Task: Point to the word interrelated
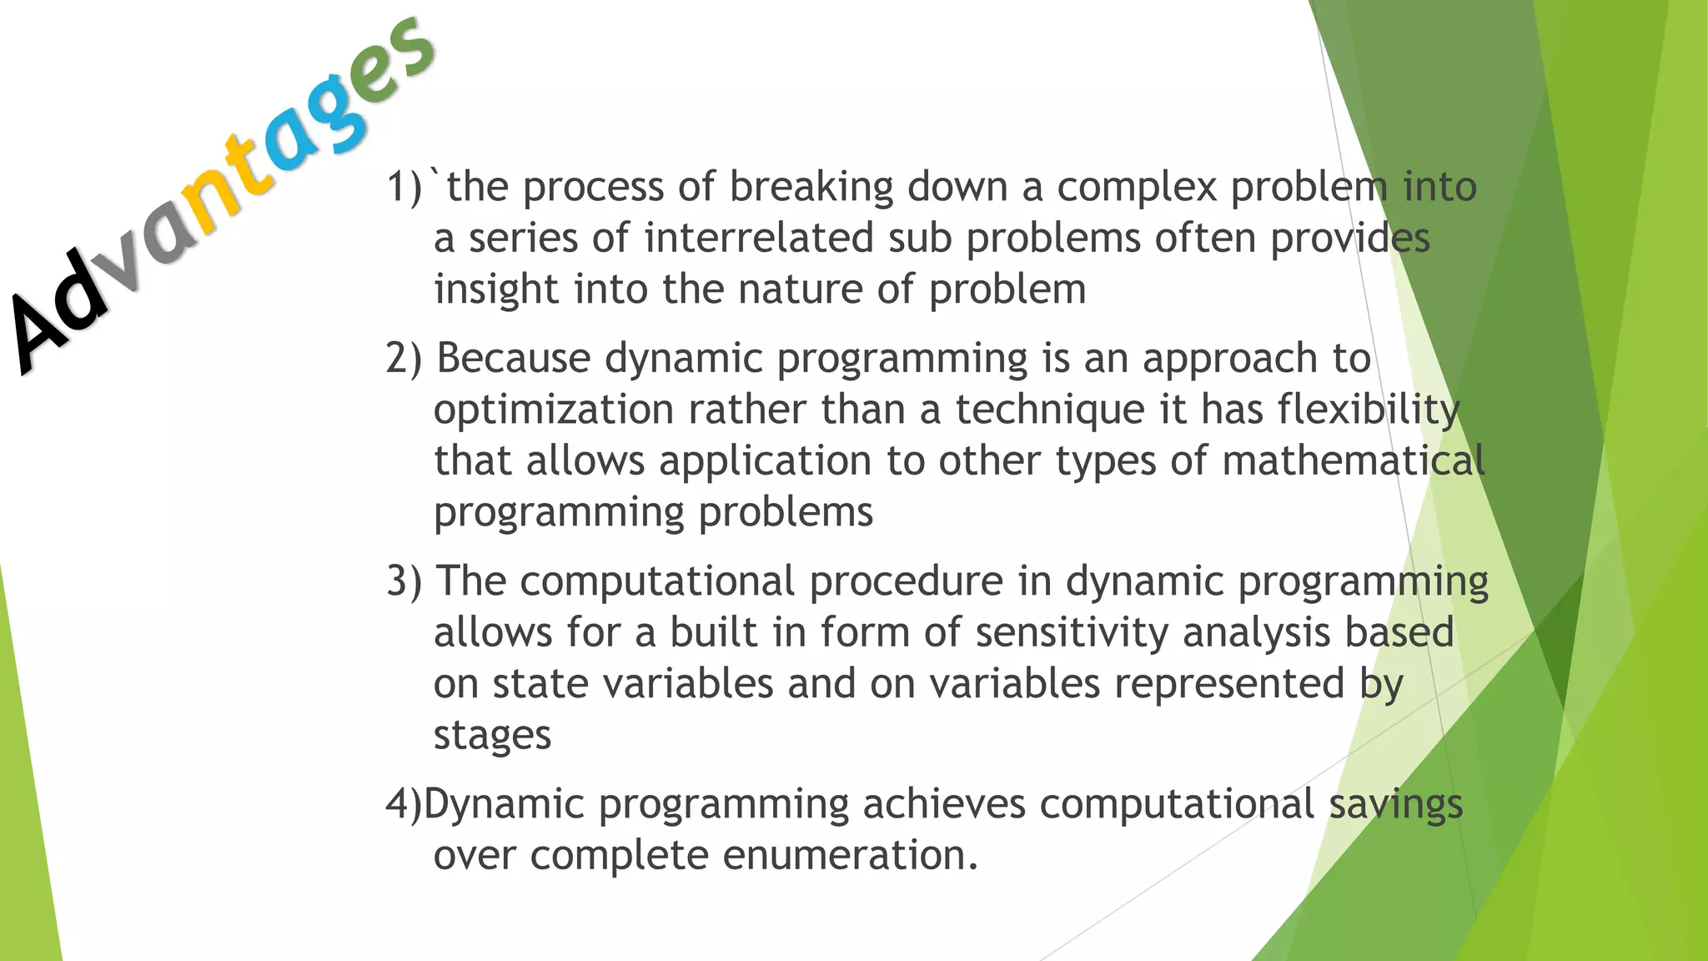(758, 239)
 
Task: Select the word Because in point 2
(514, 359)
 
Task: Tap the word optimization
(554, 410)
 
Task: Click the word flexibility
(1369, 410)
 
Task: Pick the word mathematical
(1353, 461)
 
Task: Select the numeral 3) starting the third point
(404, 581)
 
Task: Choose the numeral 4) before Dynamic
(404, 804)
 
